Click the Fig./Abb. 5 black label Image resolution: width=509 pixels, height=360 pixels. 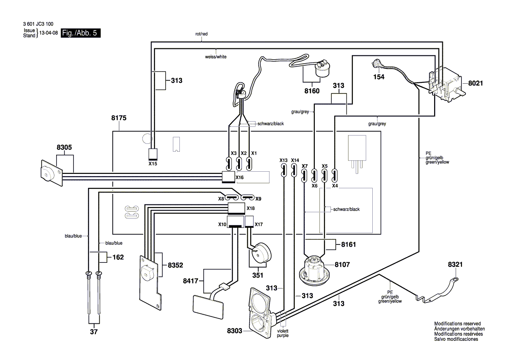[81, 33]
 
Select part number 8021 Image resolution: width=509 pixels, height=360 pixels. [475, 83]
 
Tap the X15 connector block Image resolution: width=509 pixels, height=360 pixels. [153, 154]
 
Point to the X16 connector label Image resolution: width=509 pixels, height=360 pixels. [239, 177]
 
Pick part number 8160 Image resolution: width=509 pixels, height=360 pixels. [312, 91]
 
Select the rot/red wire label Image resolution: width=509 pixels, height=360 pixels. [201, 34]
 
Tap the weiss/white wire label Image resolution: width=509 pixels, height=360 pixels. [216, 57]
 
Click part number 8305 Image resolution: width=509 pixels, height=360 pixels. [64, 147]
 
